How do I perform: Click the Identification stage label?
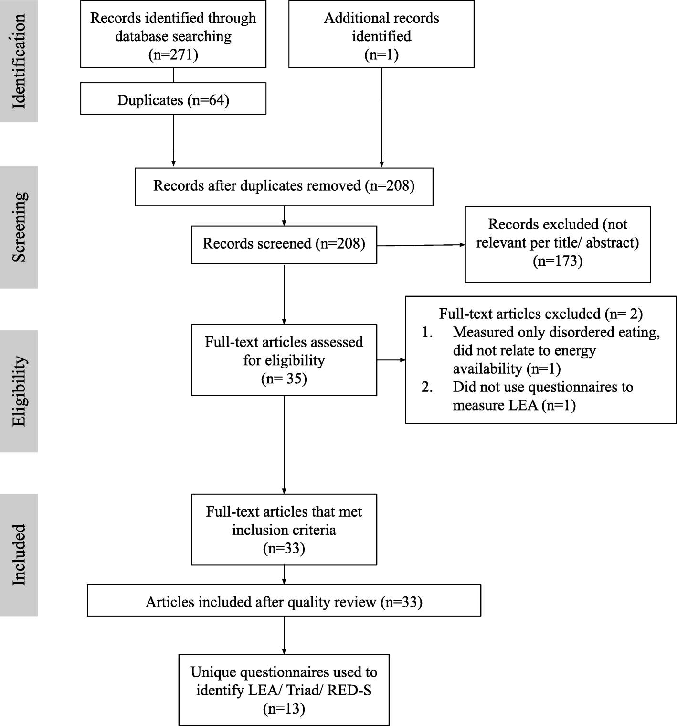coord(19,61)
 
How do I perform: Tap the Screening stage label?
coord(19,227)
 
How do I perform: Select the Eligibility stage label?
coord(19,391)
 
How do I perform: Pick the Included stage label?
coord(19,554)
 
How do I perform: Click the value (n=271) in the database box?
coord(173,54)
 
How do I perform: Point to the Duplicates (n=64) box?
coord(173,100)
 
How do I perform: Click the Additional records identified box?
coord(381,34)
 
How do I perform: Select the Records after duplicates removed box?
coord(284,186)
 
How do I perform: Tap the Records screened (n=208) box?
coord(284,244)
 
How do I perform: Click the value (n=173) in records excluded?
coord(557,261)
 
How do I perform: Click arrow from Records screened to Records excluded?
coord(420,245)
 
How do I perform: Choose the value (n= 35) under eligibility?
coord(284,379)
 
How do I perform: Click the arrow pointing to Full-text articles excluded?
coord(391,360)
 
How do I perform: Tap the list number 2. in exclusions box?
coord(427,387)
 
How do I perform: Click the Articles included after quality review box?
coord(284,602)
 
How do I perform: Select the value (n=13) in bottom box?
coord(284,708)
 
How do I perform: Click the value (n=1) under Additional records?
coord(381,54)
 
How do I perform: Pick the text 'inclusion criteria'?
coord(284,530)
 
